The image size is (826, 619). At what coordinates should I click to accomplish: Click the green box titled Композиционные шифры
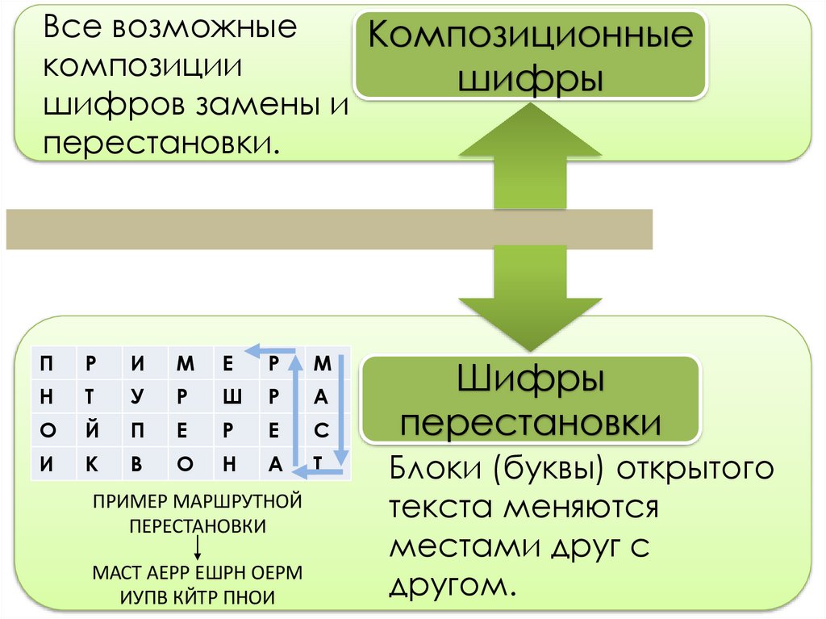(x=530, y=56)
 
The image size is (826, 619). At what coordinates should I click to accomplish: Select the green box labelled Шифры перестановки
(x=529, y=400)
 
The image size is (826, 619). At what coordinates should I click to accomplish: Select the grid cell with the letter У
(x=139, y=397)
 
